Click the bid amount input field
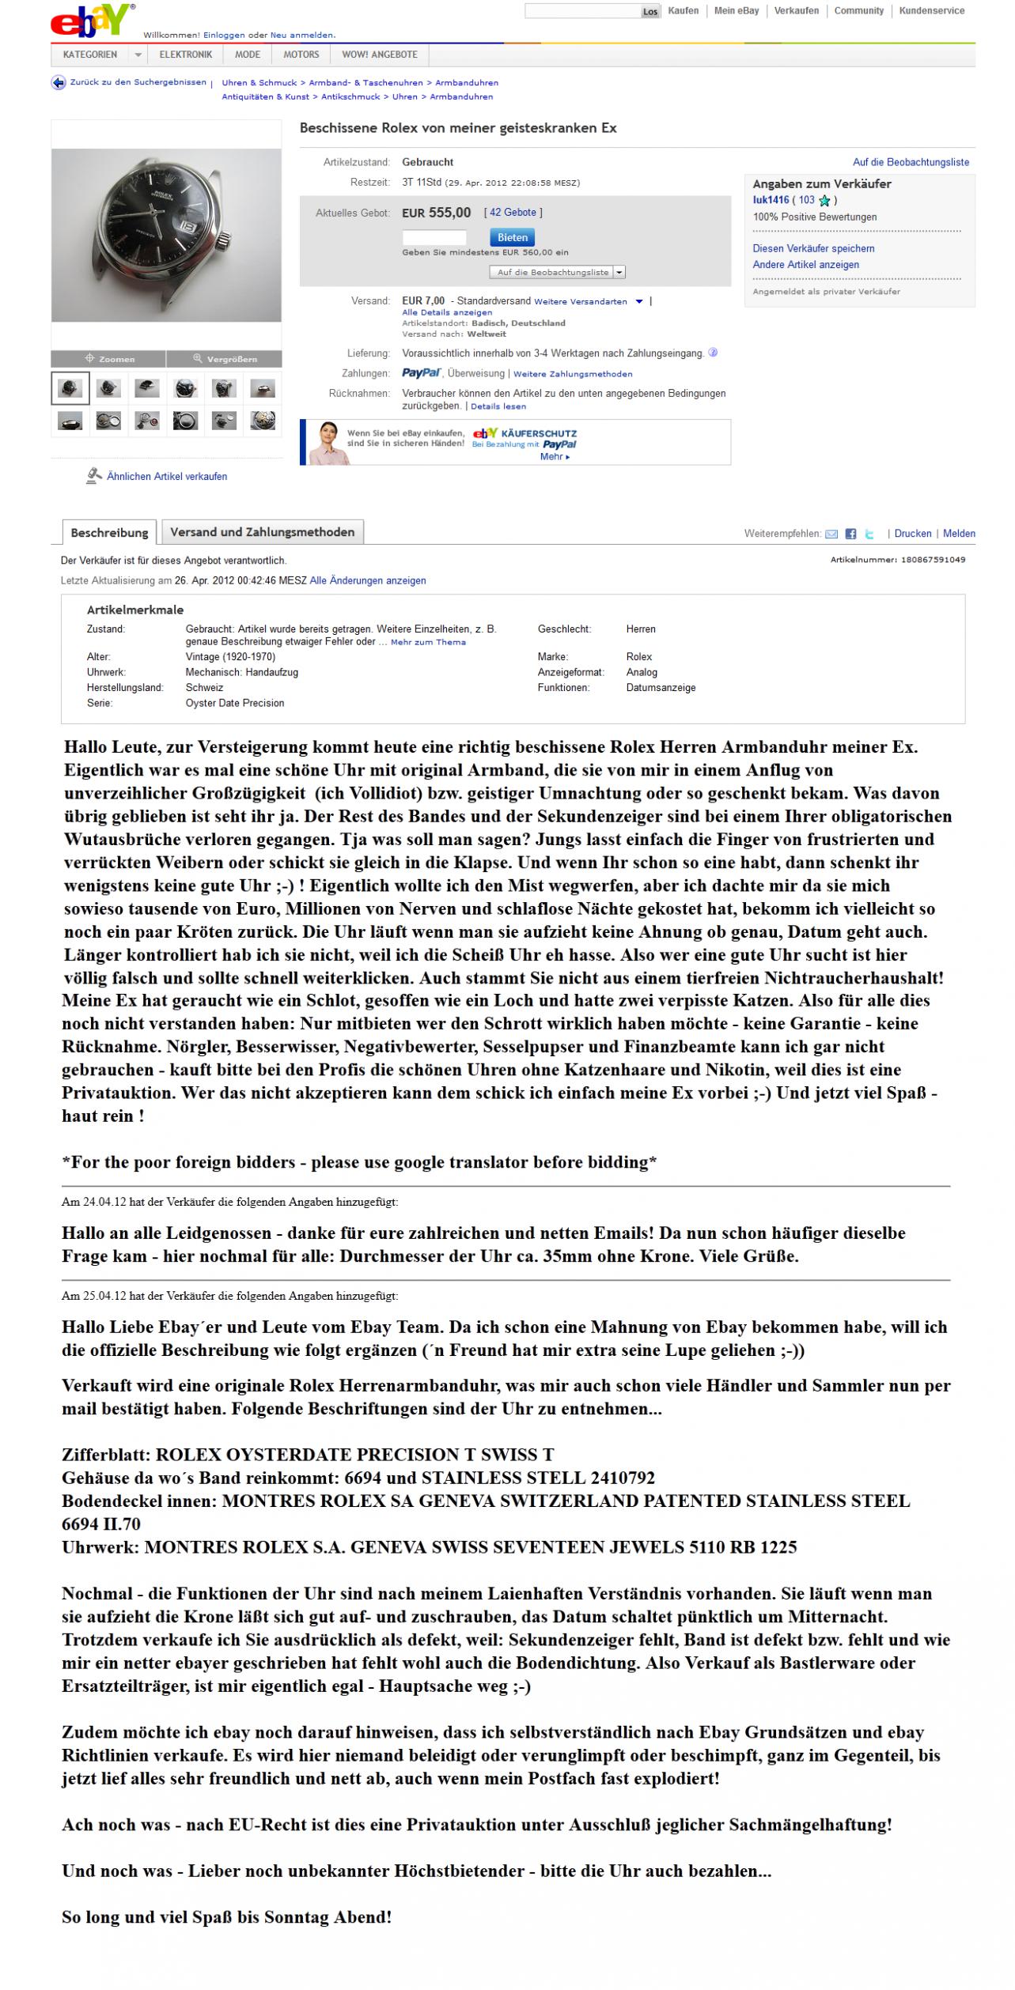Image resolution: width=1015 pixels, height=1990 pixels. tap(434, 237)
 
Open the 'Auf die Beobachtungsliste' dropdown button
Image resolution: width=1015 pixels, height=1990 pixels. tap(558, 272)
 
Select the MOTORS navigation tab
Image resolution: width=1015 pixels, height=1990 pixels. tap(301, 55)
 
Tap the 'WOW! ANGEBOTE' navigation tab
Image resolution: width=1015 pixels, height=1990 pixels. tap(380, 55)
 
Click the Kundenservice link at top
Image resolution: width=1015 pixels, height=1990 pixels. tap(932, 11)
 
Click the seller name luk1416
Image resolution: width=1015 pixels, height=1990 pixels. tap(771, 200)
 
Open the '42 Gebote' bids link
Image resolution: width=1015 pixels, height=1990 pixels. tap(513, 213)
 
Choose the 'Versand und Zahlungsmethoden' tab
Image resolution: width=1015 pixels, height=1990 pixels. tap(262, 532)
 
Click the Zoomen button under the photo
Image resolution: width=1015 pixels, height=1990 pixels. tap(109, 359)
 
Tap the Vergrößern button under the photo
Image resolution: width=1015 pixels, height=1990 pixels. tap(225, 359)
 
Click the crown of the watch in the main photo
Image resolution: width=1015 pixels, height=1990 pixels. tap(226, 236)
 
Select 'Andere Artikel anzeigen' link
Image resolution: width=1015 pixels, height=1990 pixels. tap(805, 265)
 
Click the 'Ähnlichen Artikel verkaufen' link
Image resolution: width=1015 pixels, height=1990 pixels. tap(166, 477)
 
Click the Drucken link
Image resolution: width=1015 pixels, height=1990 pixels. tap(913, 534)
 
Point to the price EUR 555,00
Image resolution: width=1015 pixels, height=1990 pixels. tap(436, 213)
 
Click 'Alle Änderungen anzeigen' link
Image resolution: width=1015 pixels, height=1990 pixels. tap(368, 580)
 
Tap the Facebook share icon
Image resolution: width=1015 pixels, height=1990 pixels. tap(850, 534)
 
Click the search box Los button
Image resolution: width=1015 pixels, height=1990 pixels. tap(650, 12)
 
